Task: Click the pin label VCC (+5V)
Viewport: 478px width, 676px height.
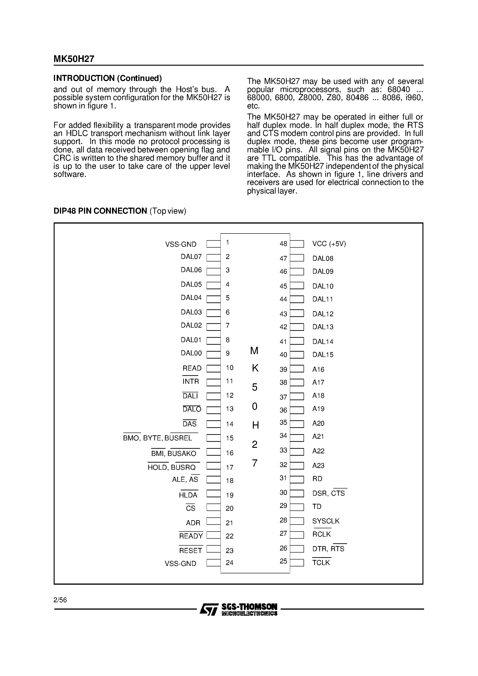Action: point(329,244)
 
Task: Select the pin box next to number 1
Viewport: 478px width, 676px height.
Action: point(213,244)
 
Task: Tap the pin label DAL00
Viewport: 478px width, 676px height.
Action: point(191,353)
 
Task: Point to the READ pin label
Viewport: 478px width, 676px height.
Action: point(192,368)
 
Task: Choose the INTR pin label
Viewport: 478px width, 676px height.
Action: point(191,381)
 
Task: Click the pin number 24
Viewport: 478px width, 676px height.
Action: point(230,563)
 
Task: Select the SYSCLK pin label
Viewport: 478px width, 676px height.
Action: point(326,521)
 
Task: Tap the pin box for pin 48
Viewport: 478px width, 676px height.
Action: point(297,244)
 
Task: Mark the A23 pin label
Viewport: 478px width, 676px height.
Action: point(318,465)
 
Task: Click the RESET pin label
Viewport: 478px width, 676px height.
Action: point(191,550)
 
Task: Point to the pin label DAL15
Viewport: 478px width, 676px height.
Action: point(323,355)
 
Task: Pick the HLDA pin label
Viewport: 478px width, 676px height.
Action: point(188,495)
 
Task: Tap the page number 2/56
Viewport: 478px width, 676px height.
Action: point(60,600)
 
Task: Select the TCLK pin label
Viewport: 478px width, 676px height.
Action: point(321,563)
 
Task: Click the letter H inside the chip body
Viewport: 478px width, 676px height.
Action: point(255,425)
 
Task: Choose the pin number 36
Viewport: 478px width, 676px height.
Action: point(283,410)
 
